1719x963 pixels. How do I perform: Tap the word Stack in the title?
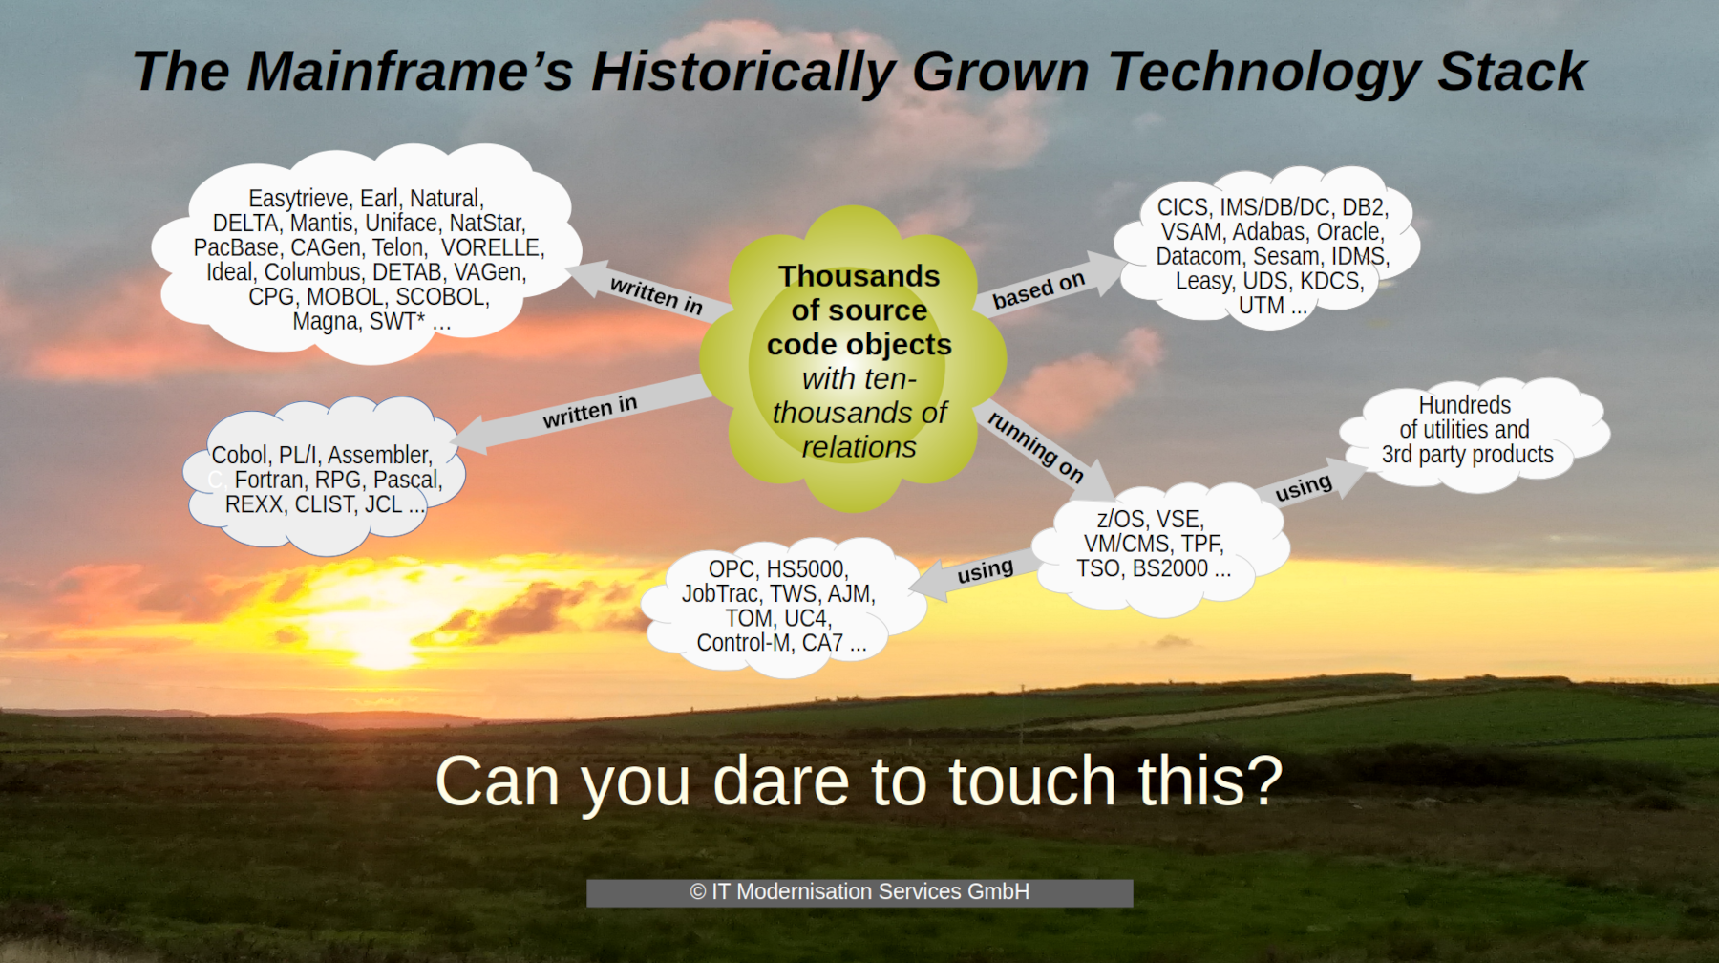point(1512,72)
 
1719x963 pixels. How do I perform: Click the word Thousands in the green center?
point(859,276)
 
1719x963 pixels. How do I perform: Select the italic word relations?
point(859,447)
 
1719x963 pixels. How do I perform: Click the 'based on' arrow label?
point(1039,289)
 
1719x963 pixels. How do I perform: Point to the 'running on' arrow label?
point(1036,446)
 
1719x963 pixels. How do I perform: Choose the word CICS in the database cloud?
point(1183,207)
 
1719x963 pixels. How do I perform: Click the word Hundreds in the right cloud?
point(1465,405)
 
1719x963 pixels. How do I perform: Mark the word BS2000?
point(1170,568)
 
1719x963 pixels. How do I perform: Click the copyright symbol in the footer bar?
point(698,892)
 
